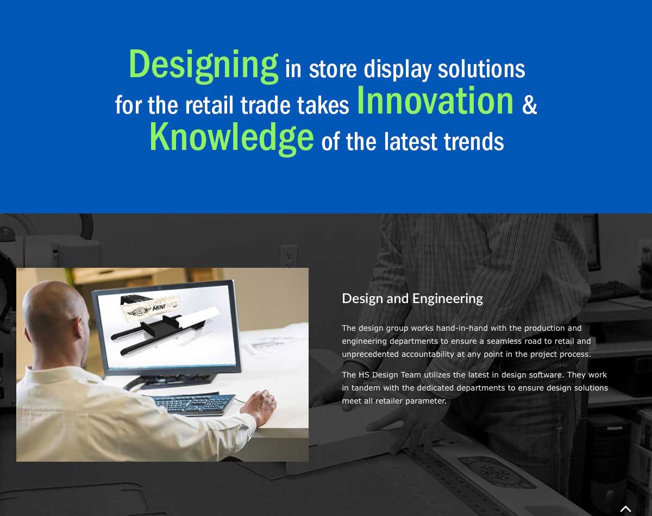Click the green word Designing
click(203, 66)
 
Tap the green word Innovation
click(435, 100)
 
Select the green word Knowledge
click(232, 138)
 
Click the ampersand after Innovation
click(529, 105)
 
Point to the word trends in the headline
click(474, 142)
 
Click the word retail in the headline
click(209, 105)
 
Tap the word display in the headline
click(398, 70)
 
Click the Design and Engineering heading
click(412, 299)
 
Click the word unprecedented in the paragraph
click(370, 355)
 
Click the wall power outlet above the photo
click(289, 256)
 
